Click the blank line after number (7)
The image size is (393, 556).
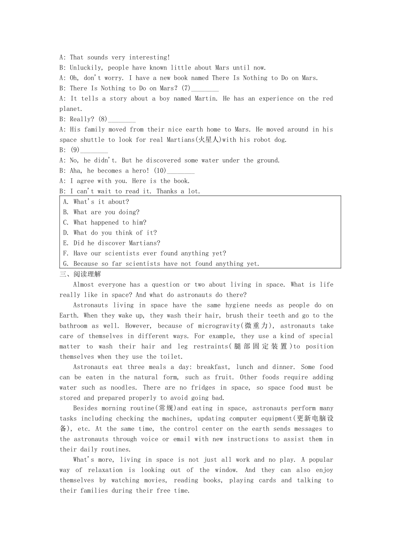pos(205,89)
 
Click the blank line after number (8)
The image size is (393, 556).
pos(122,120)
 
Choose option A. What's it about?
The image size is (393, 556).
pos(96,202)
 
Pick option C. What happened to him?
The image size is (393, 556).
pos(105,223)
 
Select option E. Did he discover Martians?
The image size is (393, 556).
pos(112,243)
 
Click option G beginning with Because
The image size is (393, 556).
pos(161,264)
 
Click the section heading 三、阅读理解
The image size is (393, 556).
pos(80,274)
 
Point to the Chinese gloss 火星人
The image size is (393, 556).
pos(208,140)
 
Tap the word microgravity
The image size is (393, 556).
pos(219,326)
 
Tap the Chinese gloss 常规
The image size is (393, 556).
pos(166,408)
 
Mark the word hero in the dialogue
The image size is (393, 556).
pos(140,171)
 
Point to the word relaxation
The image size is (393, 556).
pos(105,470)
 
